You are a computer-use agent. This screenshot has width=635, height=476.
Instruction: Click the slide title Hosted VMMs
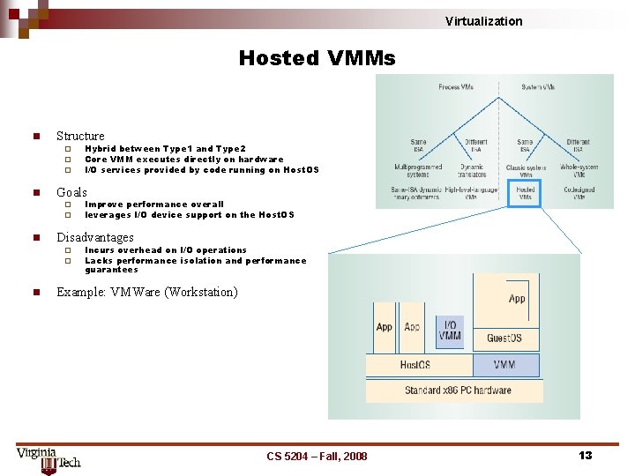tap(317, 58)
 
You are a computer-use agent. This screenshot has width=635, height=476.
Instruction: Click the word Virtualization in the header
tap(483, 21)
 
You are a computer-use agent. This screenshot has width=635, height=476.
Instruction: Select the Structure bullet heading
tap(80, 136)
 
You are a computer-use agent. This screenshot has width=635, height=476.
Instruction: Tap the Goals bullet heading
tap(71, 191)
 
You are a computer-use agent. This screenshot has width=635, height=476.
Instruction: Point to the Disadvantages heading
tap(95, 237)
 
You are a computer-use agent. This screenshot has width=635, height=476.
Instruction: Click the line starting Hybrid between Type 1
tap(165, 149)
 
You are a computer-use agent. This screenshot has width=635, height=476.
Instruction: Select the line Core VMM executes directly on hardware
tap(183, 160)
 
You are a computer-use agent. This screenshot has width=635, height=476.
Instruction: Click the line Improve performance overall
tap(154, 204)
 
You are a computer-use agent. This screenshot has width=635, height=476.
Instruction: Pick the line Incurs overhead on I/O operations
tap(166, 250)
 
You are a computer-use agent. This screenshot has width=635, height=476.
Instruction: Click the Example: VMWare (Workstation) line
tap(147, 292)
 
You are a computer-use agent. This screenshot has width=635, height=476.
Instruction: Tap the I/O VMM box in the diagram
tap(450, 331)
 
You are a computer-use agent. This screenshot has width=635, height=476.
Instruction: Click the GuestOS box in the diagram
tap(504, 338)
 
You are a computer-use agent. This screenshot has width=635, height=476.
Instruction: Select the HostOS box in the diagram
tap(415, 365)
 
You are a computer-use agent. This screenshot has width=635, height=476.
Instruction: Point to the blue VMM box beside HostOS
tap(505, 365)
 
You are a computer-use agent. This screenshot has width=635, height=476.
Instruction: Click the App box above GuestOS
tap(517, 299)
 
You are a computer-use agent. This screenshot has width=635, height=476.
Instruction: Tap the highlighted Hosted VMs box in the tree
tap(526, 193)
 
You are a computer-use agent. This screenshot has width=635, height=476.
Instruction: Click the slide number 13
tap(585, 455)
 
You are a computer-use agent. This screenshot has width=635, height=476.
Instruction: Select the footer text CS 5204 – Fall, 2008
tap(317, 456)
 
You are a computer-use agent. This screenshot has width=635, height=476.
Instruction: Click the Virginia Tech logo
tap(48, 458)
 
